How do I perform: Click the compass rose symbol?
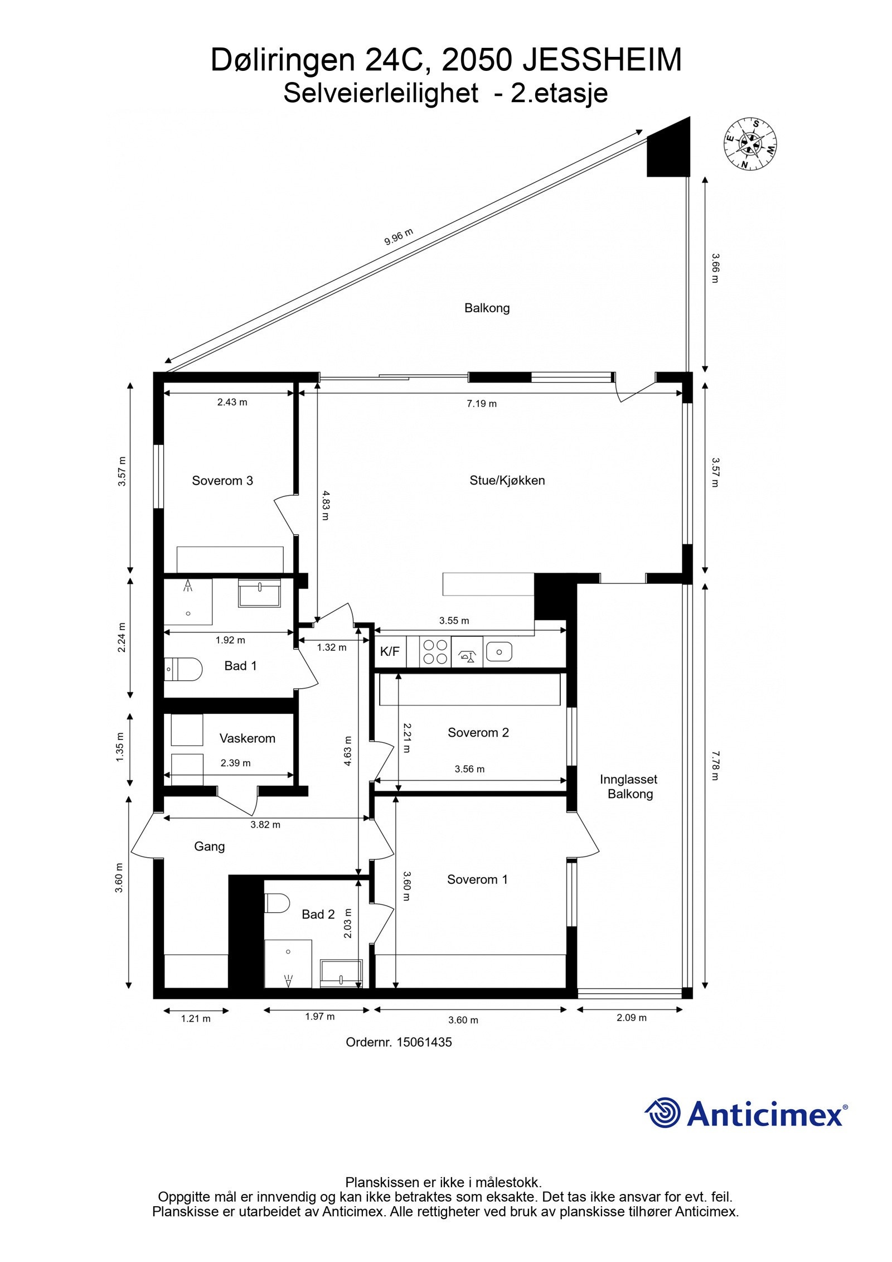750,143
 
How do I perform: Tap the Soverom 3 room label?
222,481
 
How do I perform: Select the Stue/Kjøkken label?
507,480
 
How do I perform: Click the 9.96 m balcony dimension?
399,237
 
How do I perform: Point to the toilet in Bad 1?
183,669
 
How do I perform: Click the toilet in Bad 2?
277,902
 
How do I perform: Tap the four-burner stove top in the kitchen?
435,651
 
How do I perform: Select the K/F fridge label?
390,651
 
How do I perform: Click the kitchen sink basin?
499,651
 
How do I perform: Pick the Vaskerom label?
247,738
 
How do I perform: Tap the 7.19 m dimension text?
482,404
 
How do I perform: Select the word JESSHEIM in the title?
602,60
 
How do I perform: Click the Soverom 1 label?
477,879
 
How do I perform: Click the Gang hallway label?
210,847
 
